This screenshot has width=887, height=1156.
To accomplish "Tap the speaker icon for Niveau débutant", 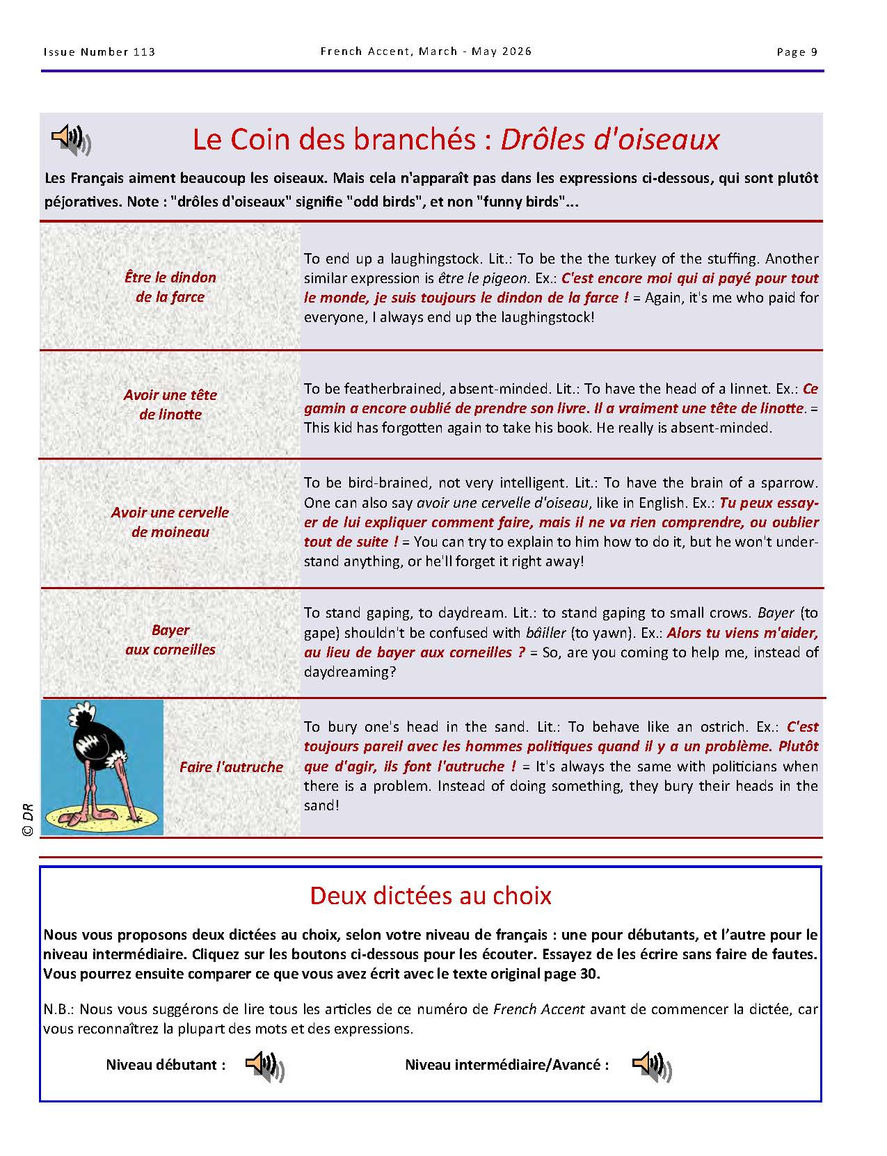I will tap(265, 1066).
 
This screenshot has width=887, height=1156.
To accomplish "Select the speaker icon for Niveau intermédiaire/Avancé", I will tap(652, 1066).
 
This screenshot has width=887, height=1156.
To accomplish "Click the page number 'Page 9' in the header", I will tap(797, 52).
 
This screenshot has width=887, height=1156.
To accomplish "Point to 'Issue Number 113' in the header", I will tap(99, 52).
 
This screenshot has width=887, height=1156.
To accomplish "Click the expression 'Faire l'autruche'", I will tap(231, 767).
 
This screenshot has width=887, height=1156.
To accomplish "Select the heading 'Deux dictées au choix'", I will tap(430, 895).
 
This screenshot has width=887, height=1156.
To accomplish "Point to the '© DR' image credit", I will tap(29, 820).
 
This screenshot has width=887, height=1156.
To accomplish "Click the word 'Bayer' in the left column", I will tap(170, 630).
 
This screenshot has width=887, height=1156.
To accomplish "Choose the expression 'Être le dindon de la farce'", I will tap(170, 287).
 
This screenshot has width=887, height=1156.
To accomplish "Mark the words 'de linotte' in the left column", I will tap(170, 415).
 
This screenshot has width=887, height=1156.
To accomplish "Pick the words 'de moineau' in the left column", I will tap(170, 532).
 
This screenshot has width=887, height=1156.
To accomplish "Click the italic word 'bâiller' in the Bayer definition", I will tap(546, 633).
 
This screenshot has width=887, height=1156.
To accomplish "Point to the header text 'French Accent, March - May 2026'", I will tap(426, 51).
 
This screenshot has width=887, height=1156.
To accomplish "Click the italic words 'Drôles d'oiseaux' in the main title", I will tap(609, 140).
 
